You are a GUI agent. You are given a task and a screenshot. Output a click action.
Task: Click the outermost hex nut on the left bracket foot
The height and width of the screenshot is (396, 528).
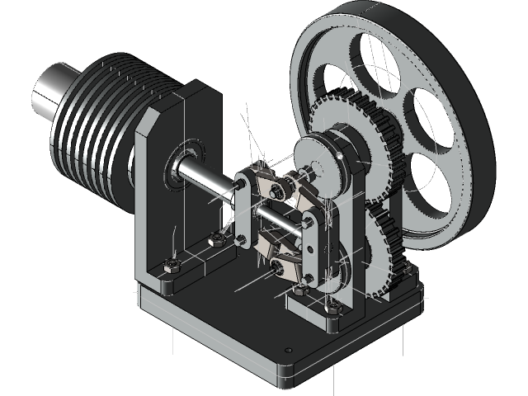(171, 266)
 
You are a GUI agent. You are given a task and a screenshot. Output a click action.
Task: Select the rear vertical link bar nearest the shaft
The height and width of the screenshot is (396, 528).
(244, 206)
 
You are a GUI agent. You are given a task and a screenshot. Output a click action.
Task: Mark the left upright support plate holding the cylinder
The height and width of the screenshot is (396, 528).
(165, 206)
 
